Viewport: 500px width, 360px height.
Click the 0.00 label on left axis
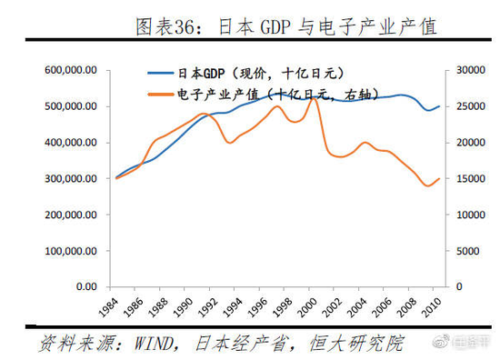point(87,286)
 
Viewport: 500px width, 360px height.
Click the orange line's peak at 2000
point(314,97)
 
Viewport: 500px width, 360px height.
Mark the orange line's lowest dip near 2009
point(428,186)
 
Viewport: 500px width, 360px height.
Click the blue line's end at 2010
point(440,106)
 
